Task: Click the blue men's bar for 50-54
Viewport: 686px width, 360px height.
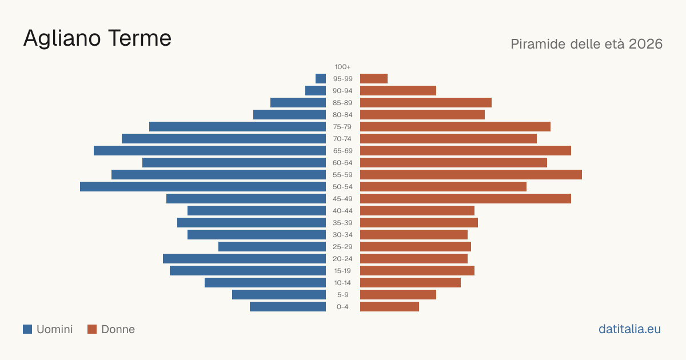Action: (x=203, y=187)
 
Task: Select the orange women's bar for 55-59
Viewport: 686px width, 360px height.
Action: (x=471, y=175)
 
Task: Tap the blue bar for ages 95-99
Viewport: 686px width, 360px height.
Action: (x=321, y=79)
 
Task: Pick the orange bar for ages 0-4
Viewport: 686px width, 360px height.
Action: (x=389, y=307)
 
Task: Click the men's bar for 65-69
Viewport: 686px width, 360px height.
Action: (x=210, y=151)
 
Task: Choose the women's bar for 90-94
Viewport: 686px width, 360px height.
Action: (x=398, y=91)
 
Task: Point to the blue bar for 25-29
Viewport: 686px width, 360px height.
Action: (x=272, y=247)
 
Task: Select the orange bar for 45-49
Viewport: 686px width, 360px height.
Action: (x=465, y=199)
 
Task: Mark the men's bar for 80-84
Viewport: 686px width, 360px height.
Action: (x=289, y=115)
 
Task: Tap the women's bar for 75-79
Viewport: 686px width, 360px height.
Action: (x=455, y=127)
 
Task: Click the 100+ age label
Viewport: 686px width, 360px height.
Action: (x=342, y=67)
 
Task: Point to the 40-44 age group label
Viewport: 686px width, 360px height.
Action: (x=342, y=211)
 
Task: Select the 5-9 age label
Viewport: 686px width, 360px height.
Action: (x=342, y=295)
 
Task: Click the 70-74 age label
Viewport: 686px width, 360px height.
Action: (x=342, y=139)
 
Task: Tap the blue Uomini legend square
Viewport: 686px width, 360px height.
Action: (x=27, y=329)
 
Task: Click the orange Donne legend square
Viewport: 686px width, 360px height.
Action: (x=92, y=329)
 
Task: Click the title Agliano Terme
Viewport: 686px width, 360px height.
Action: (x=97, y=39)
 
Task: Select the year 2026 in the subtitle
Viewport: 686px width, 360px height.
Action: (x=645, y=44)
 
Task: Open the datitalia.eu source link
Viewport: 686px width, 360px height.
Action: (x=629, y=329)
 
